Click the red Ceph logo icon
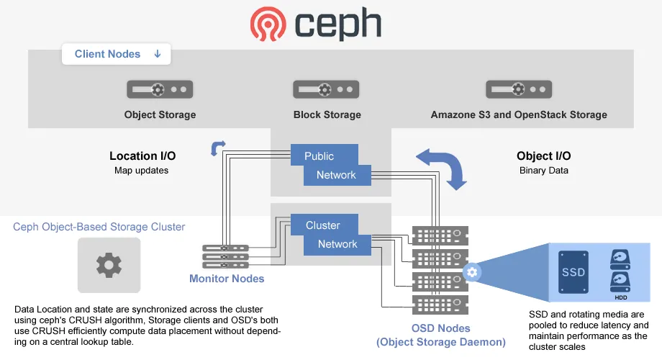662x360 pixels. [x=268, y=24]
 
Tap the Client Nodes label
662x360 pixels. [x=107, y=54]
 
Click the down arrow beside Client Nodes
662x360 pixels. [x=158, y=54]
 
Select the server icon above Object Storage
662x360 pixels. [x=160, y=89]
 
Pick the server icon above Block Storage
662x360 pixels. [x=326, y=89]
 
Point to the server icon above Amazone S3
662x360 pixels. [x=519, y=89]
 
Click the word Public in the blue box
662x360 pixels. [x=319, y=156]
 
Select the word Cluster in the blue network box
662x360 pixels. [x=323, y=225]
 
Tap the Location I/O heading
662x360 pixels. [x=142, y=156]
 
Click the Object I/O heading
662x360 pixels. [x=544, y=156]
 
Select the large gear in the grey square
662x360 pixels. [x=109, y=265]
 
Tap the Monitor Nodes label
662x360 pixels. [x=227, y=279]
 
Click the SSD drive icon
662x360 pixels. [x=573, y=271]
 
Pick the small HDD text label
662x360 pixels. [x=620, y=297]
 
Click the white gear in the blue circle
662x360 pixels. [x=472, y=272]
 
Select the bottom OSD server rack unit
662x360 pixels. [x=440, y=305]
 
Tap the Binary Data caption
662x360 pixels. [x=544, y=171]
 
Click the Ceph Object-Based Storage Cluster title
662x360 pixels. [x=99, y=227]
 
